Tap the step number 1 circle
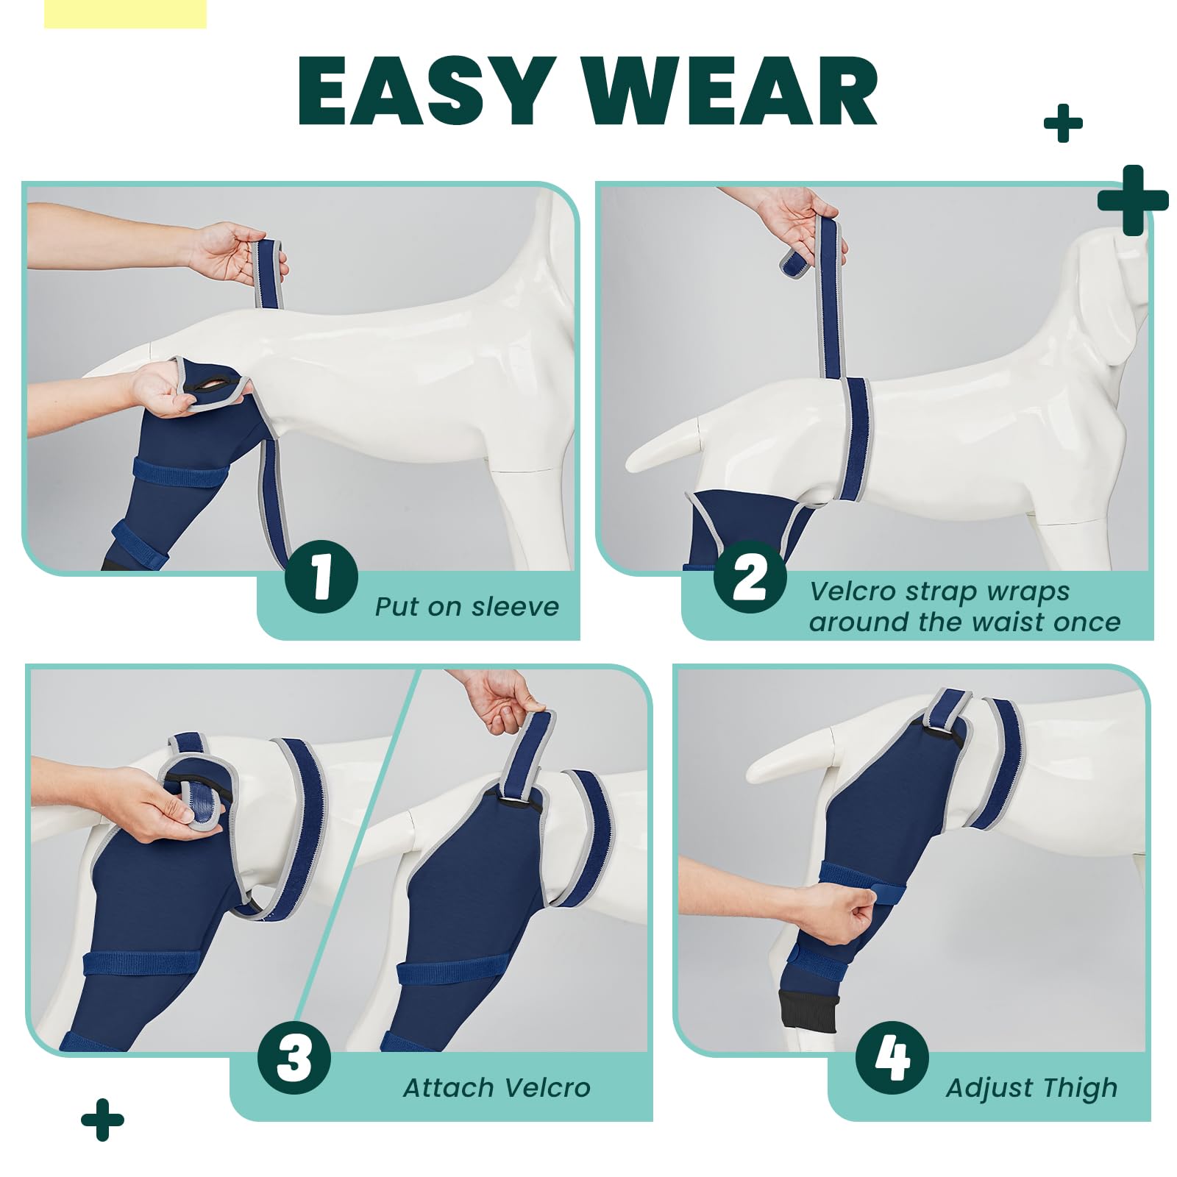tap(321, 577)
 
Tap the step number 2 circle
tap(750, 577)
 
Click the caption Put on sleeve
tap(466, 607)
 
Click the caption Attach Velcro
tap(497, 1087)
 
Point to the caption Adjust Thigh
tap(1031, 1087)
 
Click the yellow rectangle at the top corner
tap(125, 13)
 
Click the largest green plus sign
tap(1133, 200)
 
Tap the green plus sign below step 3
tap(102, 1120)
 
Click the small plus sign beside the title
tap(1063, 123)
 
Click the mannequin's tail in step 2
tap(662, 449)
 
